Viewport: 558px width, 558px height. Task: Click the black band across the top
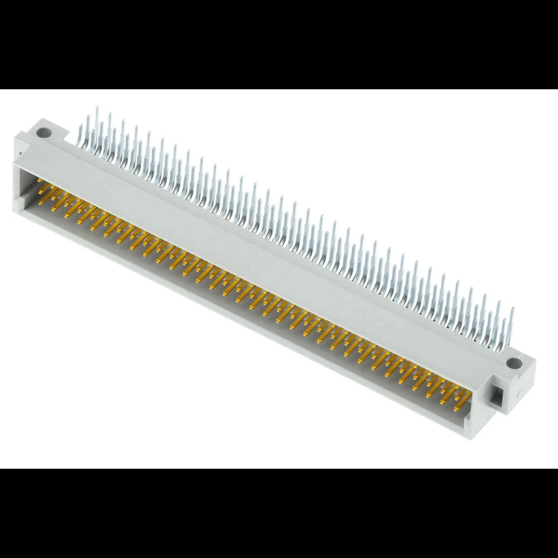tap(279, 45)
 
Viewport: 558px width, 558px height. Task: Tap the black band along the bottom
tap(279, 513)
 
